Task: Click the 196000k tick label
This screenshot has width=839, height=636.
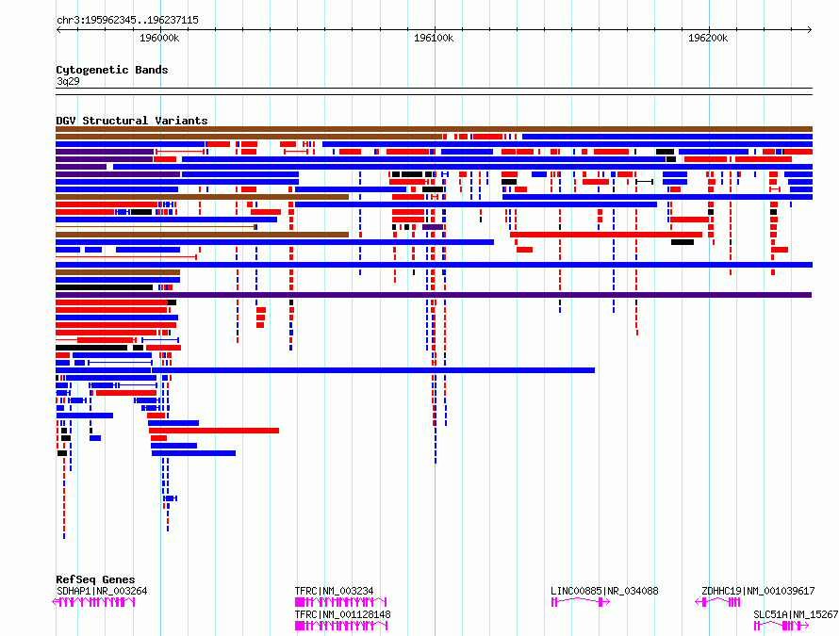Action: [x=159, y=38]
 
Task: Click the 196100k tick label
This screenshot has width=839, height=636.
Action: [x=434, y=38]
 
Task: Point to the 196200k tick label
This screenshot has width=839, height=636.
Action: [x=708, y=38]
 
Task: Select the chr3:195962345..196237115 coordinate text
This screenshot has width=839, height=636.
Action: [x=127, y=20]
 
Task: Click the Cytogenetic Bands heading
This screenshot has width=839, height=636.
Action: [x=112, y=70]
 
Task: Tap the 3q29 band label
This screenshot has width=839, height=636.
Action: [x=68, y=81]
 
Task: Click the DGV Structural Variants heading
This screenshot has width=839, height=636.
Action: [x=132, y=121]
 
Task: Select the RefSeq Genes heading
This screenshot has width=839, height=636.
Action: [x=95, y=579]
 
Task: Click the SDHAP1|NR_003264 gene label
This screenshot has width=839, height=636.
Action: [x=102, y=591]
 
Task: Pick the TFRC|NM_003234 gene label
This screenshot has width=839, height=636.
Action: [x=334, y=591]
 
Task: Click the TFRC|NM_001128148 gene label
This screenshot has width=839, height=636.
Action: [x=342, y=614]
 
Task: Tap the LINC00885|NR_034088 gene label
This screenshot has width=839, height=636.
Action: [x=604, y=591]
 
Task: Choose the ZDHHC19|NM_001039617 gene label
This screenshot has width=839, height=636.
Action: [x=758, y=591]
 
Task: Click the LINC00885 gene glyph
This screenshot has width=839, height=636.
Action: [x=581, y=602]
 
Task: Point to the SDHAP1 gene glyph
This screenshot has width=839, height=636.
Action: [x=93, y=602]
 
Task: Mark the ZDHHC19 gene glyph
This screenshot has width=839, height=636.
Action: [x=717, y=602]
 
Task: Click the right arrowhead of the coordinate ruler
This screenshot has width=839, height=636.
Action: [x=810, y=29]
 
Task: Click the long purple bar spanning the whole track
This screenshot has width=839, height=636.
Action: [x=434, y=295]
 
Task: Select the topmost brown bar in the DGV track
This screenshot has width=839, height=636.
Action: [x=434, y=129]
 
